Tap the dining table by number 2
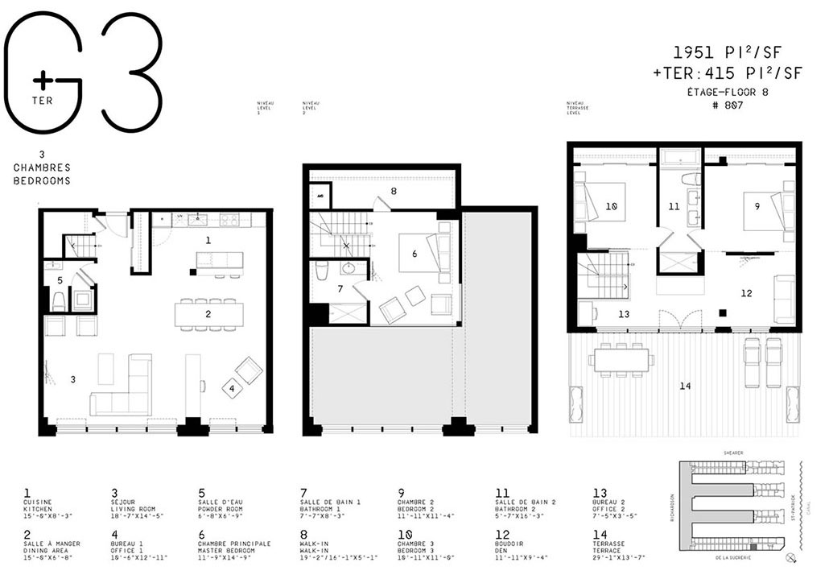[x=208, y=313]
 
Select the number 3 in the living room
[x=72, y=378]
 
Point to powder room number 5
[x=60, y=280]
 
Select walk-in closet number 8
[x=393, y=192]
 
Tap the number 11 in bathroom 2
[x=674, y=206]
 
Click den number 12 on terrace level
[x=746, y=293]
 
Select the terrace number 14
[x=684, y=386]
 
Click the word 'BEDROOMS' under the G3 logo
[x=42, y=181]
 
